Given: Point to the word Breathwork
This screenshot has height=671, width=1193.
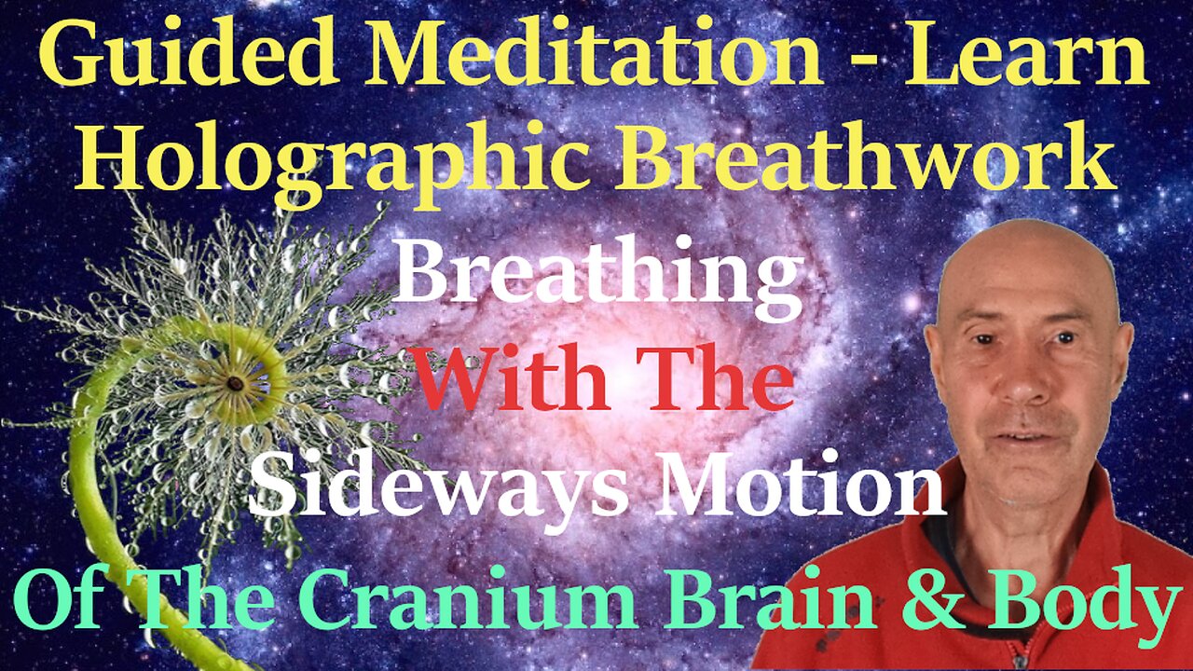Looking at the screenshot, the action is pyautogui.click(x=867, y=151).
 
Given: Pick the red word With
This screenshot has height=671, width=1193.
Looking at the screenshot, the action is pyautogui.click(x=511, y=378).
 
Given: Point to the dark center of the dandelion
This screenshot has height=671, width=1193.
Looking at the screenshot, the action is pyautogui.click(x=235, y=383).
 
